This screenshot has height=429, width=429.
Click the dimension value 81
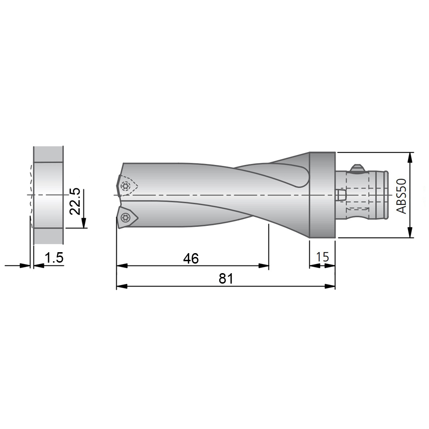click(226, 278)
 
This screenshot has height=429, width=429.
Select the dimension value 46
click(191, 258)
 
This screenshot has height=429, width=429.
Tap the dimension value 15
click(322, 257)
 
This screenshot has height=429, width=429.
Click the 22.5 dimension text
click(75, 201)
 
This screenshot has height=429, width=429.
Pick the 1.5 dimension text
click(54, 258)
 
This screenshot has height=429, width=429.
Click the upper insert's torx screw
click(125, 186)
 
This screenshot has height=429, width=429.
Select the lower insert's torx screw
click(124, 218)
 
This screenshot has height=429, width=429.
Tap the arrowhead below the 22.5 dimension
click(84, 223)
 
